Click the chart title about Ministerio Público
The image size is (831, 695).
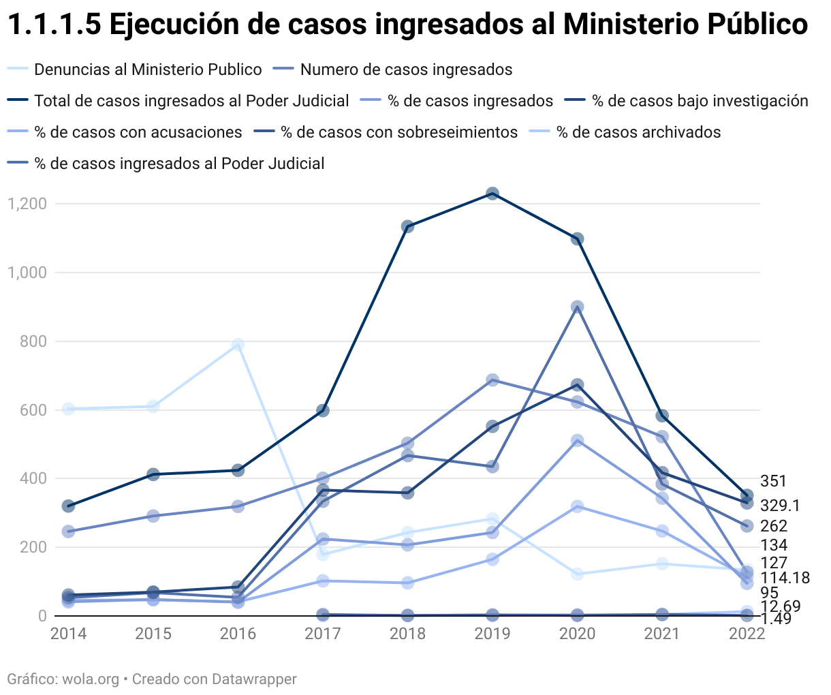click(407, 25)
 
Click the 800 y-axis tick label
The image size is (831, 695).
click(33, 341)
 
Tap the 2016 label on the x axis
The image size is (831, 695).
click(238, 634)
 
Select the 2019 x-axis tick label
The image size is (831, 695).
click(492, 634)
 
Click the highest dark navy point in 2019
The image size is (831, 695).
click(492, 194)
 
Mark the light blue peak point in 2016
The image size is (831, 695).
click(238, 345)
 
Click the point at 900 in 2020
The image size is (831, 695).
click(577, 307)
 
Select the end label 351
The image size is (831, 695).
click(773, 482)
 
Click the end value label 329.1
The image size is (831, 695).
click(780, 506)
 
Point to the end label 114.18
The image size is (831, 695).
click(785, 578)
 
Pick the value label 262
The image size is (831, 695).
click(774, 526)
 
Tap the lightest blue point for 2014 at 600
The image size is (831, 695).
click(68, 409)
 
